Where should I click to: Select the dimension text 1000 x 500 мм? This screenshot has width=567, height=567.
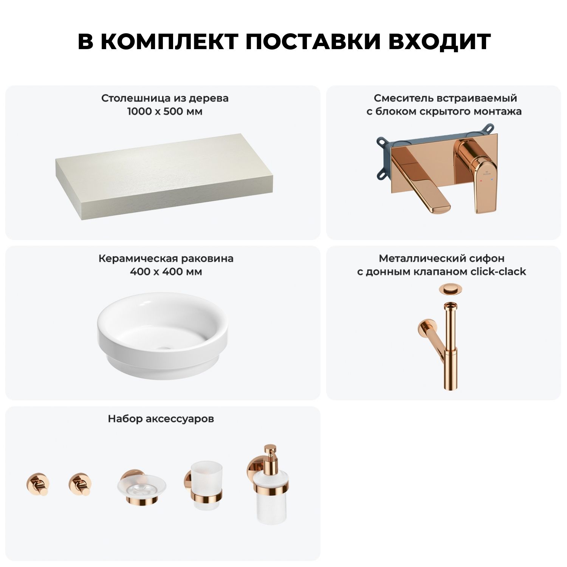coord(165,112)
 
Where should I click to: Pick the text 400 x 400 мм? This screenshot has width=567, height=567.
coord(166,272)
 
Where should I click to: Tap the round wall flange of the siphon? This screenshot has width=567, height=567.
coord(423,328)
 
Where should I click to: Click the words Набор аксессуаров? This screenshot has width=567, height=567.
coord(161,419)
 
